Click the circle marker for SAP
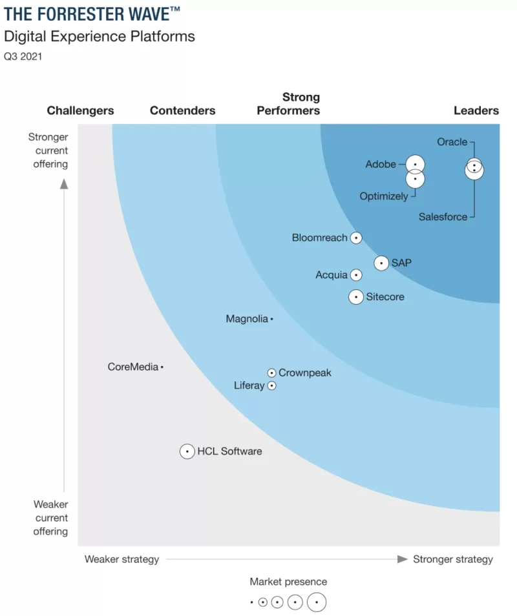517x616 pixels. pos(381,263)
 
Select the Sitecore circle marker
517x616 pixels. pos(356,297)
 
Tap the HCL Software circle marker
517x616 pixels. pos(187,451)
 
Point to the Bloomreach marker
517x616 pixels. pos(356,238)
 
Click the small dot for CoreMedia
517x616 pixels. pos(162,367)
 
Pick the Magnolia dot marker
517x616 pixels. pos(272,319)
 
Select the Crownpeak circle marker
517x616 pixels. pos(272,373)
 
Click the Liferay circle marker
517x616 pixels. pos(272,386)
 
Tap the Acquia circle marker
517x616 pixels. pos(356,275)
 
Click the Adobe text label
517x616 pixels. pos(381,164)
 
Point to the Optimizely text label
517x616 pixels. pos(384,196)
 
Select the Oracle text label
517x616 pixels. pos(452,141)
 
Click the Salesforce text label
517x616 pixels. pos(443,217)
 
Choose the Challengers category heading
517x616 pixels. pos(80,110)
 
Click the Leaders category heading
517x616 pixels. pos(476,110)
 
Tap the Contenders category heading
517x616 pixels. pos(183,110)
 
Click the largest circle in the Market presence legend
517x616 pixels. pos(317,602)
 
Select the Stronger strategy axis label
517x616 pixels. pos(453,559)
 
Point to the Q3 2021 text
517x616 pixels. pos(23,56)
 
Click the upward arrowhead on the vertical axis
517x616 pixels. pos(64,183)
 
